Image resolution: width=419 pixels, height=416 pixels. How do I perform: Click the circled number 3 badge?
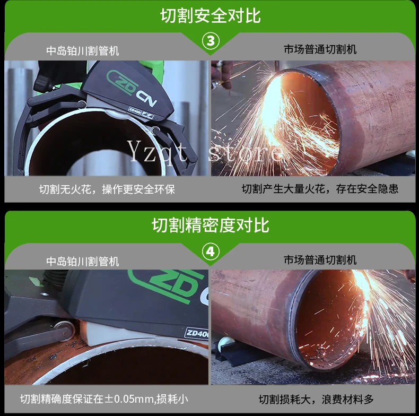(x=211, y=41)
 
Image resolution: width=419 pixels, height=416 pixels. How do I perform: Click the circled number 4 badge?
(x=211, y=252)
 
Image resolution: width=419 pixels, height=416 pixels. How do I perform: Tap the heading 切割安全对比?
(x=211, y=15)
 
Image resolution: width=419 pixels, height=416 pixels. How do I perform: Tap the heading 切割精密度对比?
(x=211, y=225)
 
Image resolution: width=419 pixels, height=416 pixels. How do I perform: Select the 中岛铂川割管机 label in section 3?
(x=83, y=51)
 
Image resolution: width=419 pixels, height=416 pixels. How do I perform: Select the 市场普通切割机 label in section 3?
(x=320, y=49)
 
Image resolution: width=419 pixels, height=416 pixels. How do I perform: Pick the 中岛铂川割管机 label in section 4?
(x=83, y=261)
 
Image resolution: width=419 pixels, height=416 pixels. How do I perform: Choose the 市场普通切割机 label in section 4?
(x=320, y=260)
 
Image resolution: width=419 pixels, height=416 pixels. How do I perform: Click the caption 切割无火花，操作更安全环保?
(x=107, y=189)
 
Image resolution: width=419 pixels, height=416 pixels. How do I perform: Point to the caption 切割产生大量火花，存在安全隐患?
(x=320, y=189)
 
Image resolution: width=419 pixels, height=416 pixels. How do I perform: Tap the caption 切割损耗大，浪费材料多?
(x=316, y=400)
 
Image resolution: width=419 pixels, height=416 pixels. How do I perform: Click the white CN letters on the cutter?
(x=146, y=98)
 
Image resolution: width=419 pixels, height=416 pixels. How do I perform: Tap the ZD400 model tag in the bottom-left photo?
(x=197, y=333)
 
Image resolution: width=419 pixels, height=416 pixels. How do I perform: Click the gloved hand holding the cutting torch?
(x=222, y=74)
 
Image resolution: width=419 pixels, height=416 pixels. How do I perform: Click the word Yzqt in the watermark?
(x=157, y=152)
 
